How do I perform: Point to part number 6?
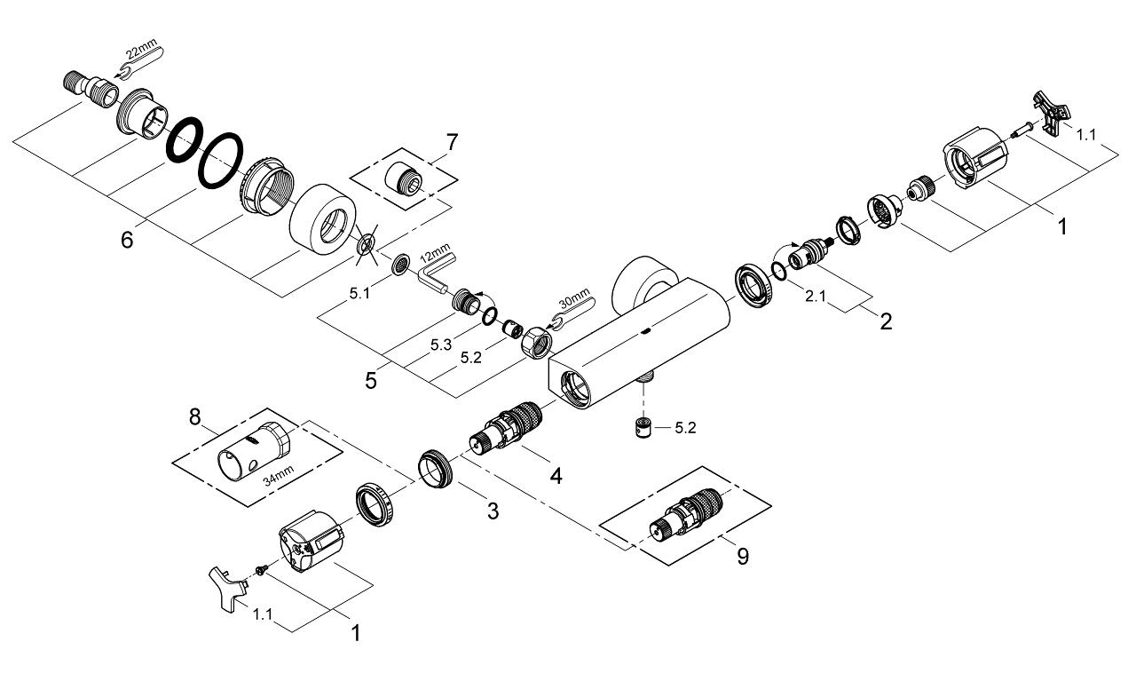(127, 240)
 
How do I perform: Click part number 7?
(453, 142)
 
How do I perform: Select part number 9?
(742, 557)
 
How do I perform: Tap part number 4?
(556, 475)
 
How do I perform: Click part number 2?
(885, 321)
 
